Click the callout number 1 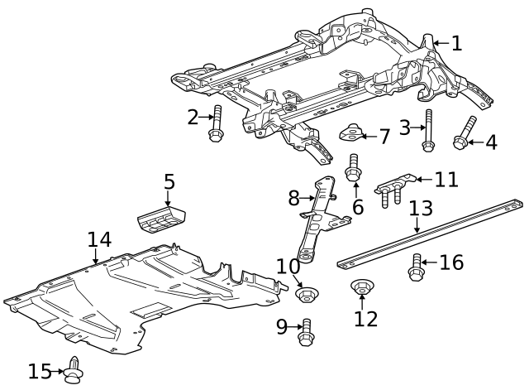coord(457,43)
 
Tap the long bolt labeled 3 coord(428,131)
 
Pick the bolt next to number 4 coord(463,133)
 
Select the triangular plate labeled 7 coord(353,132)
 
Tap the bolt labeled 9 coord(307,330)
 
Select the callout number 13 coord(421,208)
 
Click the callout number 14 coord(99,240)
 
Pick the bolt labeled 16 coord(417,266)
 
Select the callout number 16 coord(451,263)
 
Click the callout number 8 coord(293,198)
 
